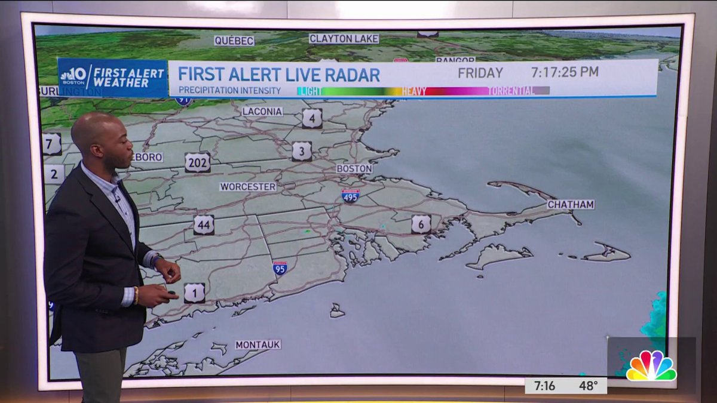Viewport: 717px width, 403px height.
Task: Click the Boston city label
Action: click(x=354, y=169)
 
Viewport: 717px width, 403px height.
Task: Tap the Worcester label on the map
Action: click(x=248, y=187)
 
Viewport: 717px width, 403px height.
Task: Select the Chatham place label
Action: click(x=571, y=204)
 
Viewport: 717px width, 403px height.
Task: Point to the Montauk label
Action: click(x=258, y=344)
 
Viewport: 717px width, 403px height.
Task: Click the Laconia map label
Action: click(x=262, y=111)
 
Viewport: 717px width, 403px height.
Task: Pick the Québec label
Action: click(x=234, y=41)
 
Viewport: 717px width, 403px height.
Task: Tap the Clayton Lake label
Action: click(x=344, y=39)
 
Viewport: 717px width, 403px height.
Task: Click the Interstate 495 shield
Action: click(x=351, y=196)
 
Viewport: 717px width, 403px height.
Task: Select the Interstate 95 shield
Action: click(x=280, y=267)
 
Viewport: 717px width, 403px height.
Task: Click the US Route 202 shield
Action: click(x=197, y=162)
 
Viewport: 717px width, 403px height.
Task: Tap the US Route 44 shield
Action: click(x=204, y=224)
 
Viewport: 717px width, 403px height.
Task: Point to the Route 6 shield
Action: click(x=421, y=224)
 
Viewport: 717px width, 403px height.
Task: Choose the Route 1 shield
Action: click(x=194, y=293)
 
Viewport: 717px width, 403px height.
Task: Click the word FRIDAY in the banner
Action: click(x=480, y=73)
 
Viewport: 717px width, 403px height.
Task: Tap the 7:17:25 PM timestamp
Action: click(x=565, y=73)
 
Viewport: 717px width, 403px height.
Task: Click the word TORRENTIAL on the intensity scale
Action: click(x=511, y=91)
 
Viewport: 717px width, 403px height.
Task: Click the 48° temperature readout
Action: click(x=589, y=386)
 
